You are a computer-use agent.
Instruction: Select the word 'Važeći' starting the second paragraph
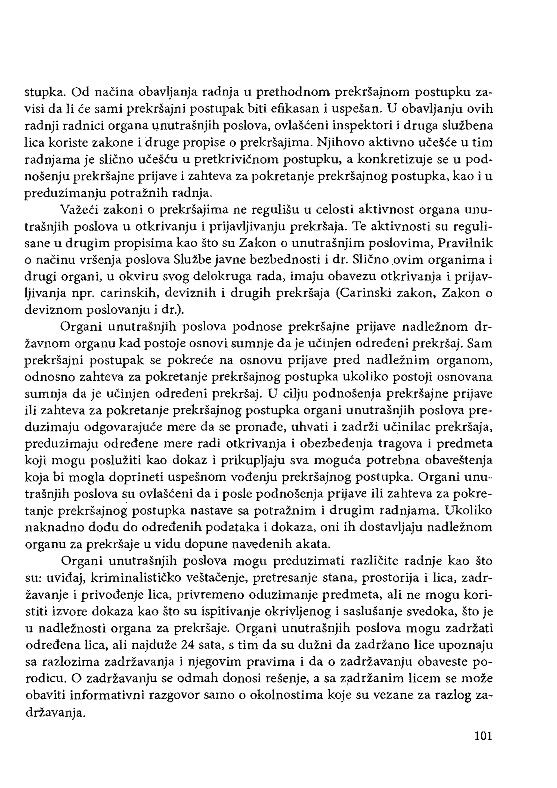(80, 210)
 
